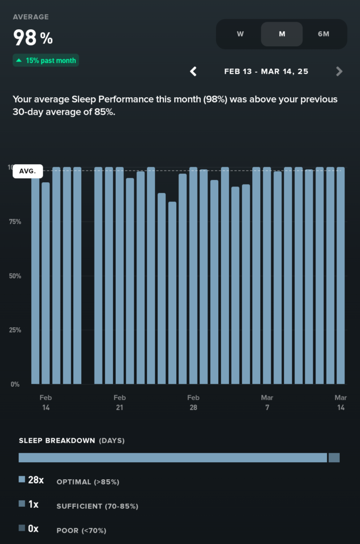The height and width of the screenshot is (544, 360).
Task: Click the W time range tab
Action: (x=240, y=34)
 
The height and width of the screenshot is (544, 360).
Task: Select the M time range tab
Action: (x=282, y=34)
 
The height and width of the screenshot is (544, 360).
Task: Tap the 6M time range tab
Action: (x=323, y=34)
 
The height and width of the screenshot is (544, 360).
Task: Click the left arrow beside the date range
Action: (x=194, y=71)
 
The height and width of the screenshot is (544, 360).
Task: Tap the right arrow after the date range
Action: (x=339, y=71)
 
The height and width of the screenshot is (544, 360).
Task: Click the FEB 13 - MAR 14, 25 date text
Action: (x=266, y=71)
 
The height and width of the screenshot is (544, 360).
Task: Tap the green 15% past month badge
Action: (x=46, y=61)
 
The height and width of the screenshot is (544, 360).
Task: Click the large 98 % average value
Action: (x=33, y=38)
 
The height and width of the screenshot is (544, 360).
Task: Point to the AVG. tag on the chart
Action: (x=28, y=171)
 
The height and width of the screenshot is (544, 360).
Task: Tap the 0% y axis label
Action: (x=15, y=384)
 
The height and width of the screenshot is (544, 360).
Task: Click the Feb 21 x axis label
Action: (x=119, y=403)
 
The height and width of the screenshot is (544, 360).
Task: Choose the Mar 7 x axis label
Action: (x=267, y=403)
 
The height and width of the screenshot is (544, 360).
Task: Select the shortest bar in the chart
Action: (x=172, y=292)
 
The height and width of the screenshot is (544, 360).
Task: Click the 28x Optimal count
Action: (x=36, y=480)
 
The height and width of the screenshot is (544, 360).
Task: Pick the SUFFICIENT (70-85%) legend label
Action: (x=97, y=506)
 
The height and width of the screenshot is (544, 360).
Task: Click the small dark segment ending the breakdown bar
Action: (x=334, y=457)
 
